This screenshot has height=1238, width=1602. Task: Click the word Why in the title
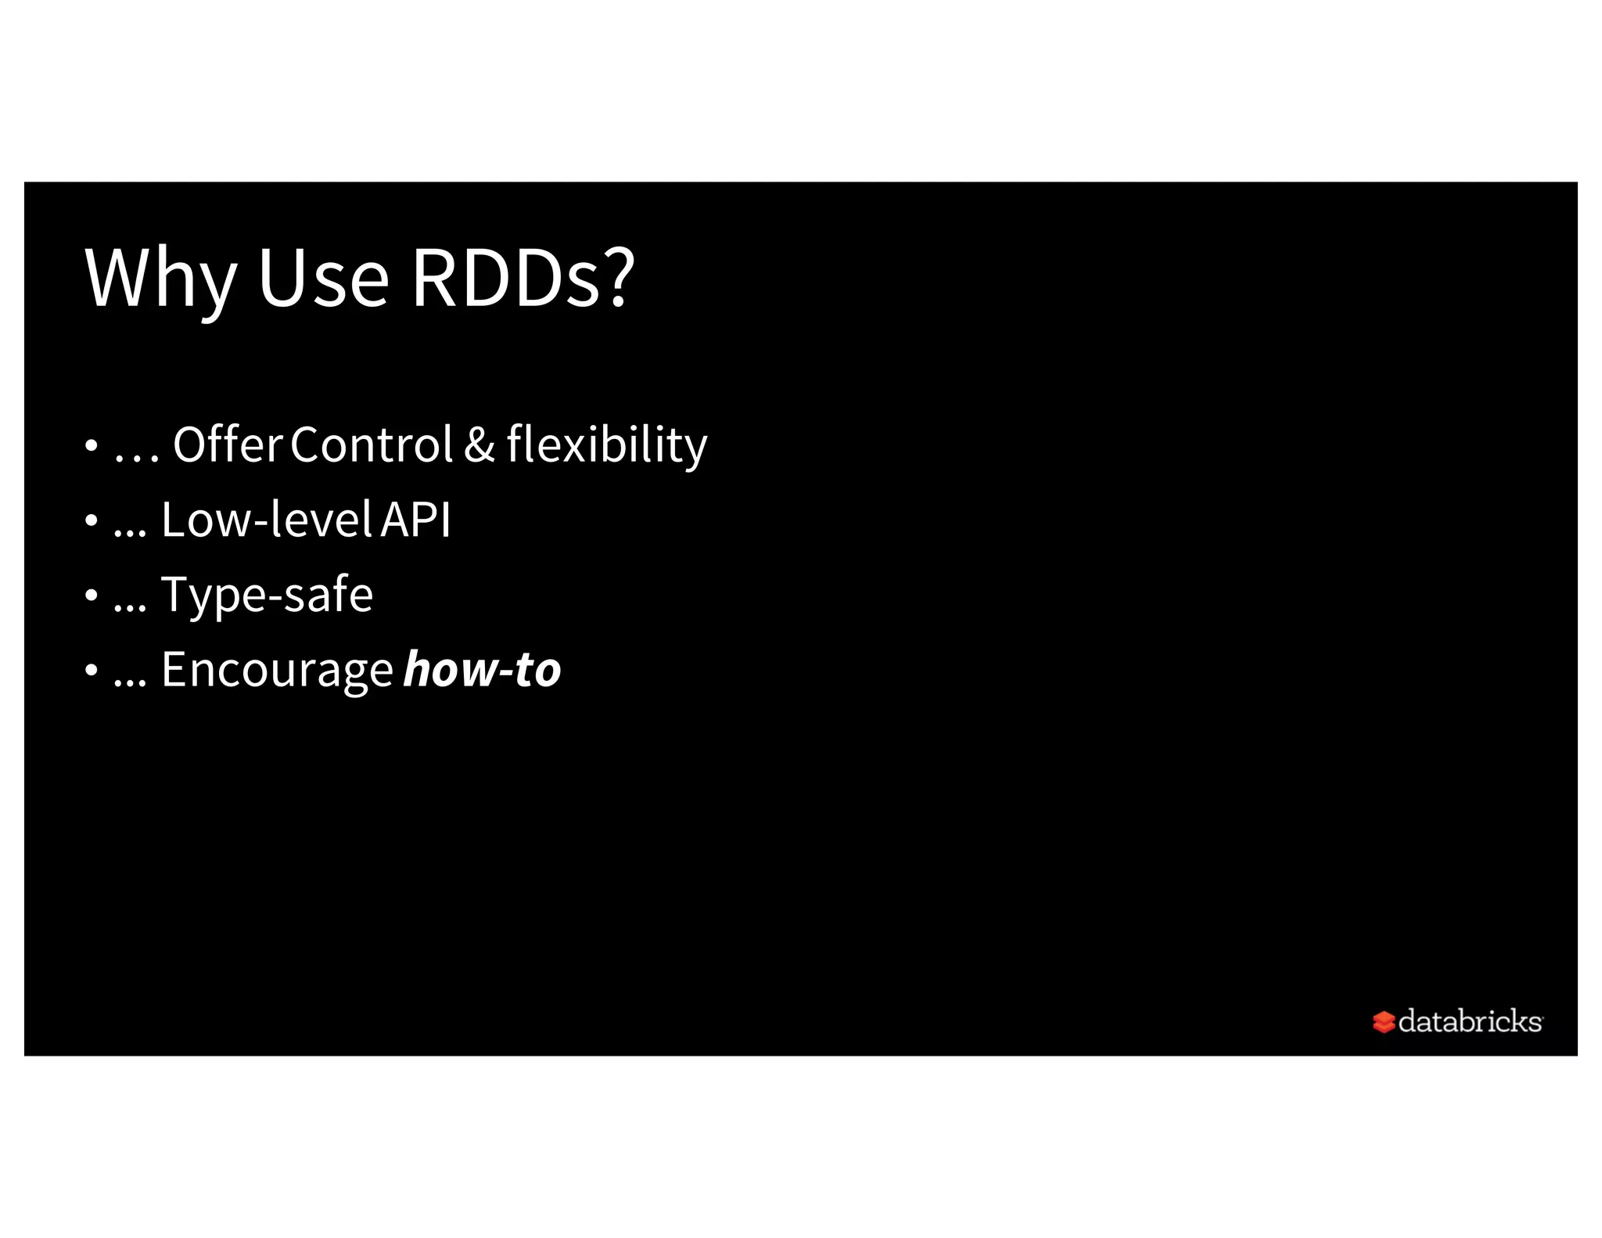coord(160,279)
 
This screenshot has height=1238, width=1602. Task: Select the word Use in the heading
coord(322,279)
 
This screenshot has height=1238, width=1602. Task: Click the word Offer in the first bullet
coord(227,444)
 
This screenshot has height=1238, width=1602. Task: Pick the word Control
coord(371,444)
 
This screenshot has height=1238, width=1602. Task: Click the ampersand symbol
coord(479,444)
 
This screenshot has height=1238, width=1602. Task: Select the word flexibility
coord(606,444)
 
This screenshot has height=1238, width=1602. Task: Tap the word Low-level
coord(266,520)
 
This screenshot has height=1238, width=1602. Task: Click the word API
coord(415,520)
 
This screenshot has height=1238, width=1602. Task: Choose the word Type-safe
coord(267,595)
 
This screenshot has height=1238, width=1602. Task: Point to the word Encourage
coord(276,671)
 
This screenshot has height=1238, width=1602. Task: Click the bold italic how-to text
coord(482,670)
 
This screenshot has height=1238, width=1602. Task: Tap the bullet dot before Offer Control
coord(92,446)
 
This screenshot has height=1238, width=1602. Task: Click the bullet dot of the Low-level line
coord(92,520)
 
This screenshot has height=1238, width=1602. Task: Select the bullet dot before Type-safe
coord(92,596)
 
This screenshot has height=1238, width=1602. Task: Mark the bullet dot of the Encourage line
coord(92,671)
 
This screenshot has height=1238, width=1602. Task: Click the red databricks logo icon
coord(1383,1021)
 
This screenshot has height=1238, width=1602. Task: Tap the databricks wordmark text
coord(1470,1020)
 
